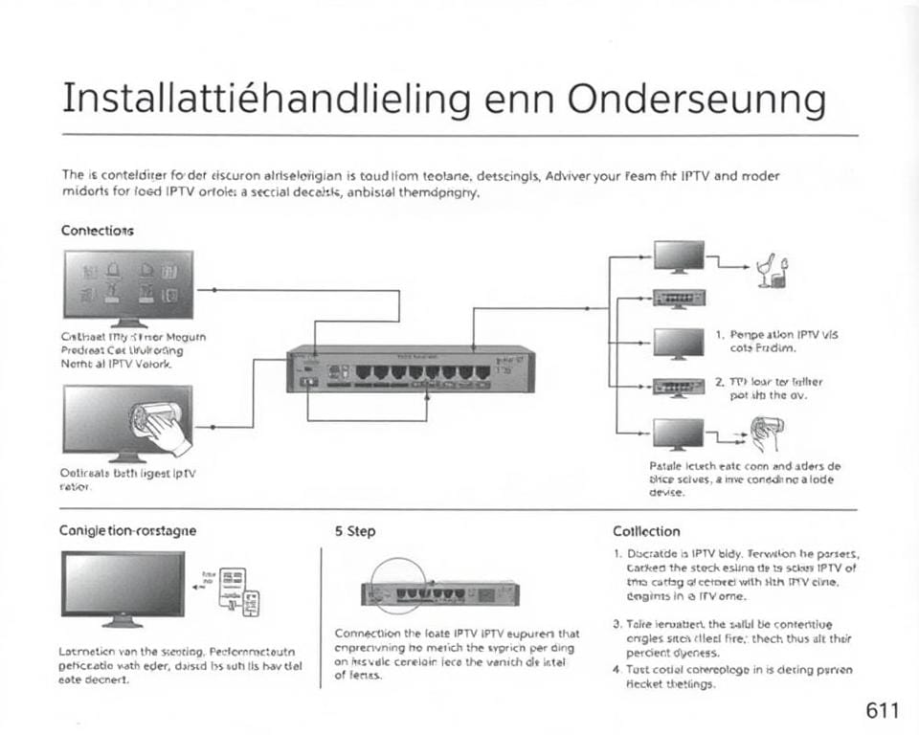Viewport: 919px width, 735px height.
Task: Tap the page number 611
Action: point(881,710)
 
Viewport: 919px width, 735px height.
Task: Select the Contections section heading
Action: point(98,231)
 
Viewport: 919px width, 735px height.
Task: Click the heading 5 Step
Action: point(356,531)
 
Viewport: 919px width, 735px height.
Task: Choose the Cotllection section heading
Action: point(646,531)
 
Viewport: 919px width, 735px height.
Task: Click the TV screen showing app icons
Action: point(127,284)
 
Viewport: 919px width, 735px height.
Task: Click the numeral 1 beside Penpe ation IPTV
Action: point(719,335)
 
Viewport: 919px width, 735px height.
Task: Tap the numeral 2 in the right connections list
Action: point(719,381)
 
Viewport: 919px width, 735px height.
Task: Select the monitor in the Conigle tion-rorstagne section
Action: point(123,586)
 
